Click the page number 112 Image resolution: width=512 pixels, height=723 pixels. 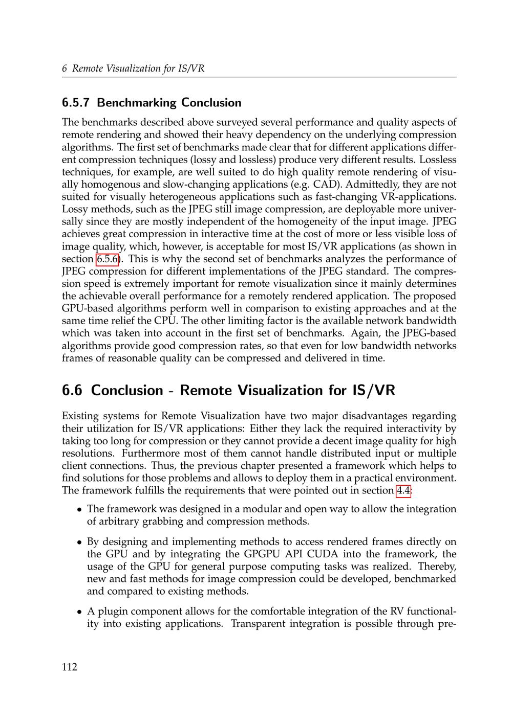click(x=69, y=667)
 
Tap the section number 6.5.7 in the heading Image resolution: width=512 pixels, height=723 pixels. click(x=76, y=103)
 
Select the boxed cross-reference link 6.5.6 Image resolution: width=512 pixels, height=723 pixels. click(x=108, y=259)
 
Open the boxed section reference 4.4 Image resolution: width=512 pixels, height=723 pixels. click(x=402, y=491)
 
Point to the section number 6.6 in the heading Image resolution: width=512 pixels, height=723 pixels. click(x=72, y=391)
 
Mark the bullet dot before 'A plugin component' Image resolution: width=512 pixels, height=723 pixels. click(x=80, y=612)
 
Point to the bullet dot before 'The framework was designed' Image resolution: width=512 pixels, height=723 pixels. click(x=80, y=510)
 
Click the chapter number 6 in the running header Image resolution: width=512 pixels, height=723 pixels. click(x=65, y=69)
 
